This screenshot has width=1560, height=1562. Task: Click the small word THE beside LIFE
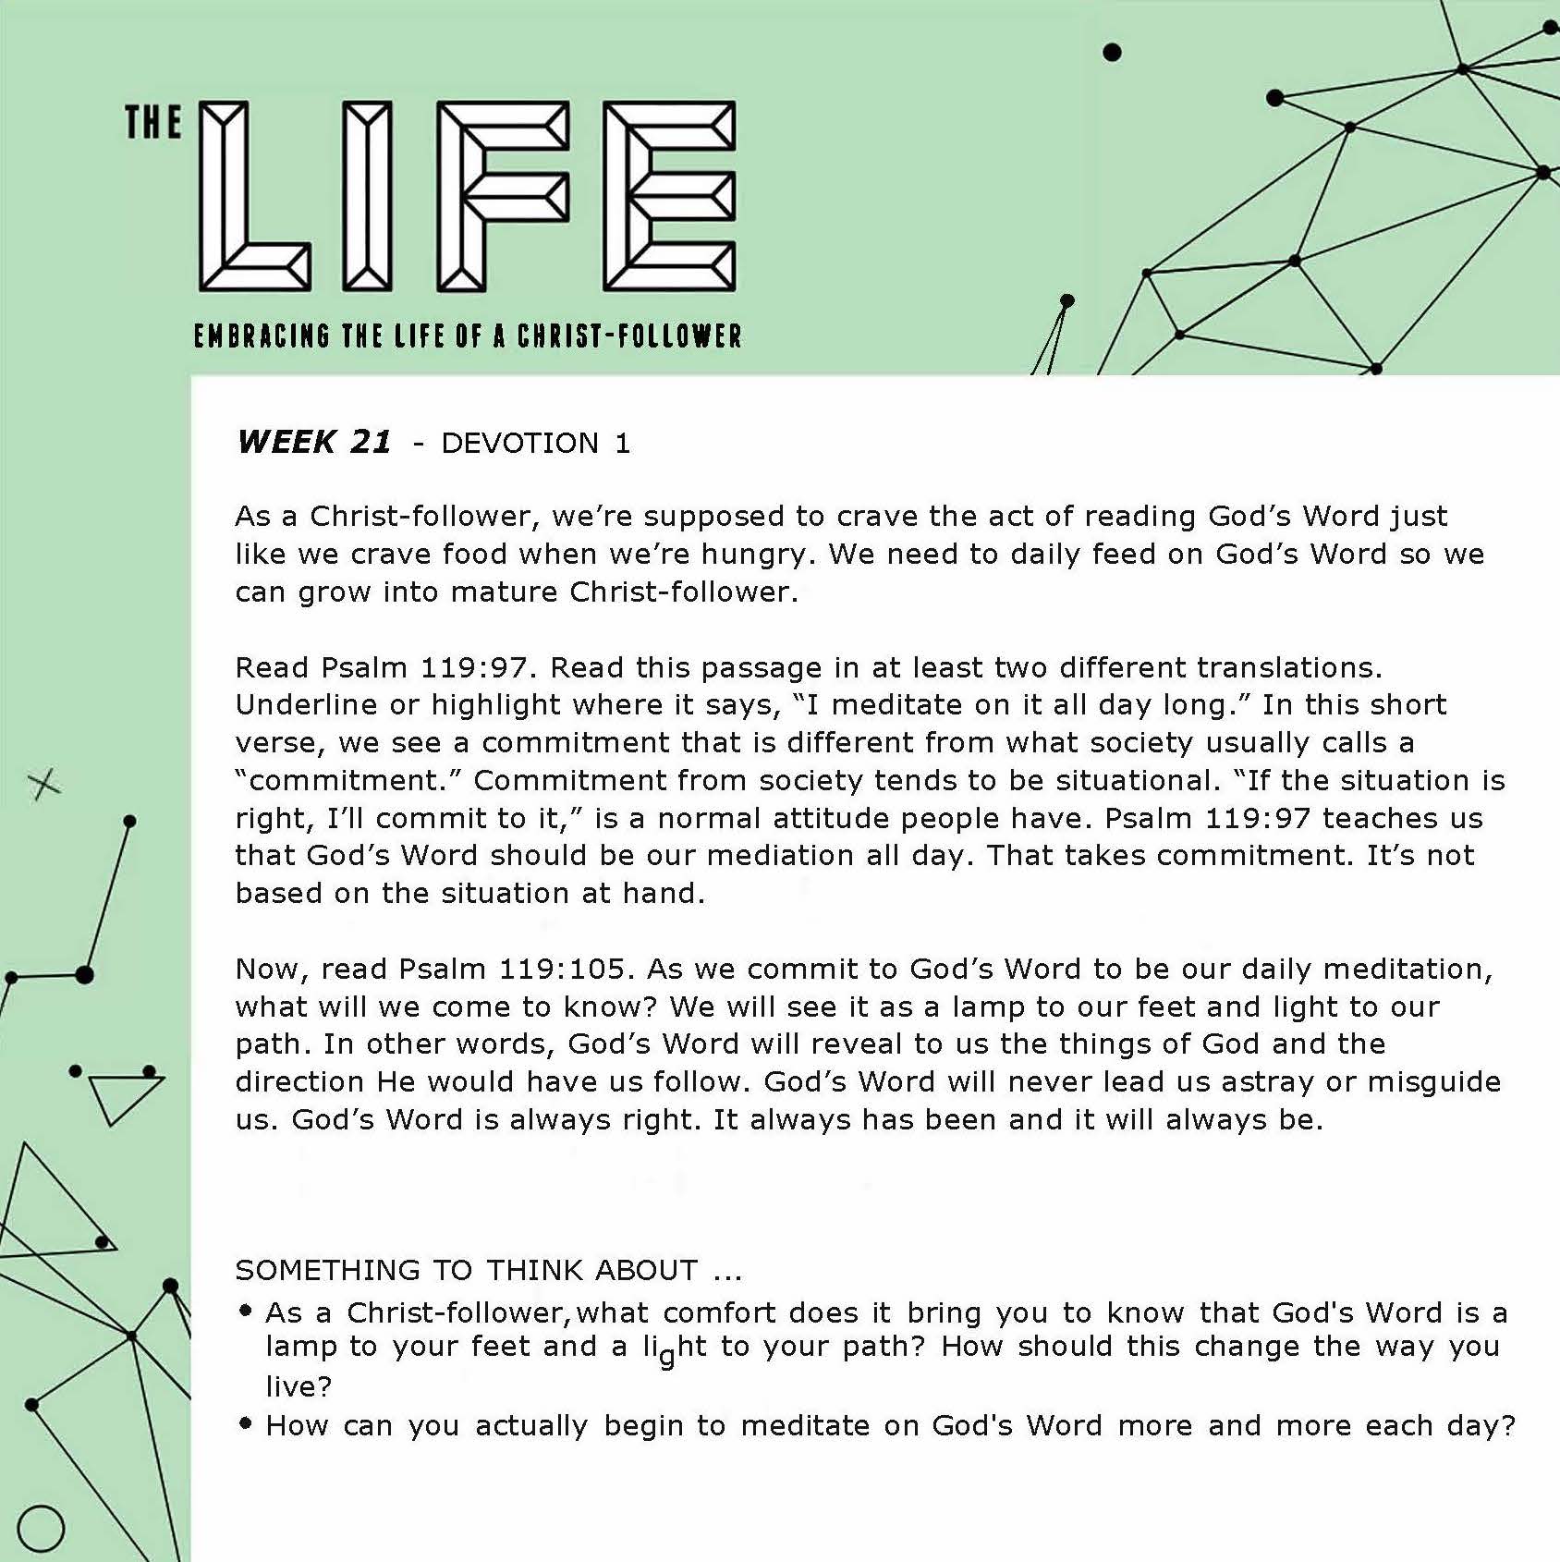(x=152, y=123)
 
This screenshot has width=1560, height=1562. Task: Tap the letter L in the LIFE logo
(x=251, y=195)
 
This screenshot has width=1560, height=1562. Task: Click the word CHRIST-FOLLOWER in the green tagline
(x=629, y=336)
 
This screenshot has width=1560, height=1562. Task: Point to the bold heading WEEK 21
(x=314, y=442)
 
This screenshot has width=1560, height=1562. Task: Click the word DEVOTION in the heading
(x=520, y=444)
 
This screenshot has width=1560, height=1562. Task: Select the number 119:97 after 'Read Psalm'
(x=473, y=667)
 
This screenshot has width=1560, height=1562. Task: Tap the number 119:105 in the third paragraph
(x=562, y=969)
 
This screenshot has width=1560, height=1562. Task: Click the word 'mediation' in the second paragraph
(x=780, y=856)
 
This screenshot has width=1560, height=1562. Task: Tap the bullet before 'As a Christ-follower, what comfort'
(x=245, y=1310)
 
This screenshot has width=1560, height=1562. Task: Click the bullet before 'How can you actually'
(x=245, y=1423)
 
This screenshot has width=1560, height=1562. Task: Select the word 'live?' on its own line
(x=299, y=1386)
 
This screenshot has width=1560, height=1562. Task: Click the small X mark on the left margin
(x=44, y=785)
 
